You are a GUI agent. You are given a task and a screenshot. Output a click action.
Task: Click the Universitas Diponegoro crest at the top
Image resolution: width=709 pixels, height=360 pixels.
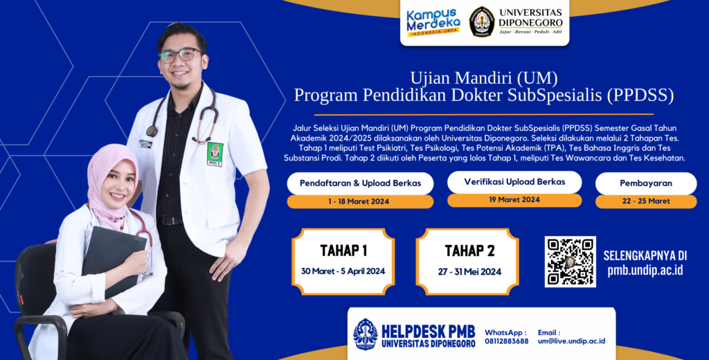point(481,21)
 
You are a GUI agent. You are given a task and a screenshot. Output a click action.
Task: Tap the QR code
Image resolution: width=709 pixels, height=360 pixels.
point(570,262)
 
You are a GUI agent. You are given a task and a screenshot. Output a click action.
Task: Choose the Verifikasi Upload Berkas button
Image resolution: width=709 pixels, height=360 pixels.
point(514,182)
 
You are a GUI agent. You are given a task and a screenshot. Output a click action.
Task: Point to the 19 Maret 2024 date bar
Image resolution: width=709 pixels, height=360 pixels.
point(514,200)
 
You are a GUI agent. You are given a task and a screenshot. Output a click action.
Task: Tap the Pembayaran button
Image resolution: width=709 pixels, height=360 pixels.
point(646,183)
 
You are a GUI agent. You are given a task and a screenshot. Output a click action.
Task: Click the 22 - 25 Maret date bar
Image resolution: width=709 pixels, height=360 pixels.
point(646,201)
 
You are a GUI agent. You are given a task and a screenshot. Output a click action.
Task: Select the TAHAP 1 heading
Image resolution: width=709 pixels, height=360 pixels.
point(343,251)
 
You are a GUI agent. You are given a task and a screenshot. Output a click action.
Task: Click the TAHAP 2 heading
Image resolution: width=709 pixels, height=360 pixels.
point(469,251)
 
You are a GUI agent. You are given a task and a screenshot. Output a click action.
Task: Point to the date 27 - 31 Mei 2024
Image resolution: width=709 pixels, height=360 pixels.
point(469,272)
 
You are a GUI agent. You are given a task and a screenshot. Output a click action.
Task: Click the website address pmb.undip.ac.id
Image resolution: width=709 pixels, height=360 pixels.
point(645,270)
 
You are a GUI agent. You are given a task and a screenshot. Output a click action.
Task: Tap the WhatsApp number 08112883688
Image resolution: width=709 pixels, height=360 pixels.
point(506,341)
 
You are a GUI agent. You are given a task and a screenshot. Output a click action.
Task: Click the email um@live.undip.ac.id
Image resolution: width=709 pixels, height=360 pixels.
point(571,341)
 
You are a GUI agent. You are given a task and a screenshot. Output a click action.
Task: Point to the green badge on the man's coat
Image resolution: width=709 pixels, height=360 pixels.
point(215,154)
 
